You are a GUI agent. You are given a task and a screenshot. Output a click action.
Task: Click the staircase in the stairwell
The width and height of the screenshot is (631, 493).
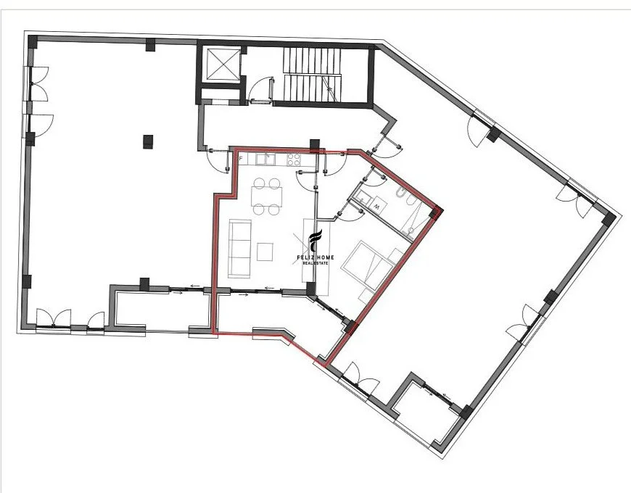(x=312, y=75)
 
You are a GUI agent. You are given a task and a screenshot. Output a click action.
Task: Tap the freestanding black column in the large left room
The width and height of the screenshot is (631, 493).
(x=148, y=141)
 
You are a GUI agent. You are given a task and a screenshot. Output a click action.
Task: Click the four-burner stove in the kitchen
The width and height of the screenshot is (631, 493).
(x=293, y=159)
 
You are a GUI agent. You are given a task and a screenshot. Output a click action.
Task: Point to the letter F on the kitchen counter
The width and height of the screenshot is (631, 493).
(x=241, y=159)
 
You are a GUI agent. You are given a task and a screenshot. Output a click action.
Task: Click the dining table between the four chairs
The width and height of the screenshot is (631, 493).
(x=266, y=196)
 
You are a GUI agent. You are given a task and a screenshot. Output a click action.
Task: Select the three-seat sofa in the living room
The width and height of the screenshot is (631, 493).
(x=240, y=248)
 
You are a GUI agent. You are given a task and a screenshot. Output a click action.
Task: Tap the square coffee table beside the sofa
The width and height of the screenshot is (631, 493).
(x=265, y=252)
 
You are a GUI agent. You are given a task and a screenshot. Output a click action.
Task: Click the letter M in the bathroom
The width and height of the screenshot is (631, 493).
(x=377, y=207)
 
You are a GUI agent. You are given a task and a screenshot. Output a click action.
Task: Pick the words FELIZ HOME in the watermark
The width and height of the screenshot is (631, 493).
(x=315, y=258)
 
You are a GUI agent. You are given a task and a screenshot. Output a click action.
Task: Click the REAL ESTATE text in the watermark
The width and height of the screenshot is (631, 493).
(x=315, y=263)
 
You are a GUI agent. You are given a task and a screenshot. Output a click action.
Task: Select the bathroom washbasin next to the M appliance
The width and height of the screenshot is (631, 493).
(x=364, y=197)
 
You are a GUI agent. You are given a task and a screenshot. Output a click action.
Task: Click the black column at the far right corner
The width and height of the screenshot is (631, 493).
(x=609, y=220)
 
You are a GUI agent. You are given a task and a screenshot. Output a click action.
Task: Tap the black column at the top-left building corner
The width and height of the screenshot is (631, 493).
(x=32, y=42)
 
